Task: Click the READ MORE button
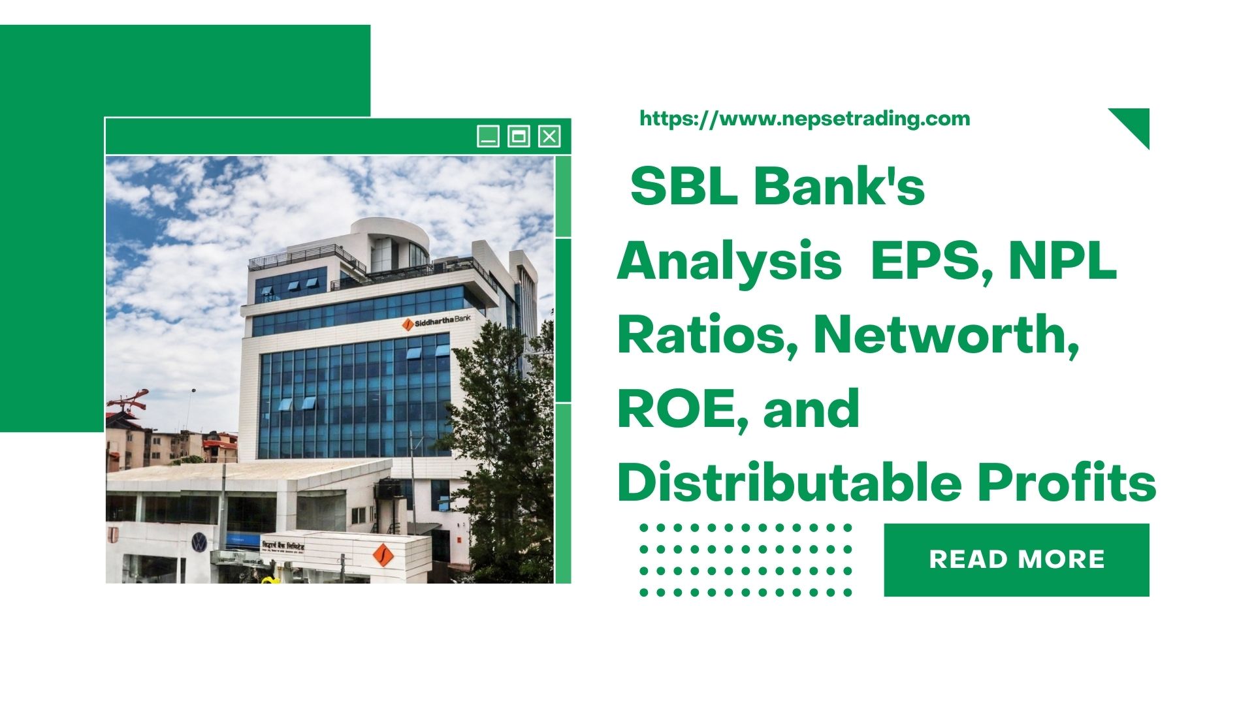pyautogui.click(x=1016, y=559)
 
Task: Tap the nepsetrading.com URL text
pyautogui.click(x=805, y=119)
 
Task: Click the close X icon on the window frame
pyautogui.click(x=549, y=136)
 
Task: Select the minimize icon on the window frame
pyautogui.click(x=488, y=136)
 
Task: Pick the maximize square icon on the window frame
pyautogui.click(x=519, y=136)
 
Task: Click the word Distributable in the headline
pyautogui.click(x=789, y=483)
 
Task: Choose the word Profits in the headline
pyautogui.click(x=1067, y=483)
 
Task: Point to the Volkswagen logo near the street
pyautogui.click(x=199, y=541)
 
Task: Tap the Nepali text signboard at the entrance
pyautogui.click(x=283, y=546)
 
